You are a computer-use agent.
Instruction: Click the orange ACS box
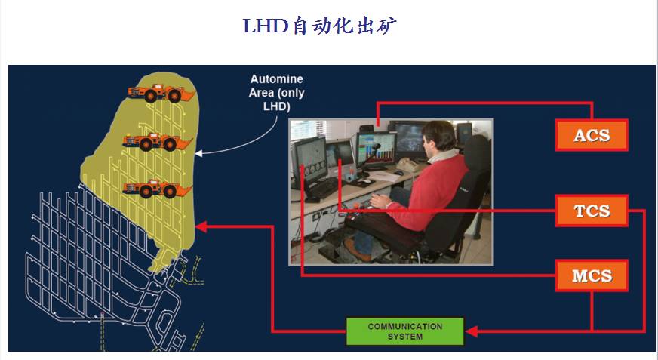[x=592, y=135]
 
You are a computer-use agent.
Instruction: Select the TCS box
[x=592, y=211]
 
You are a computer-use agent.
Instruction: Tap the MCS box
[x=592, y=275]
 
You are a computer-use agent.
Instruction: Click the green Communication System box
[x=405, y=331]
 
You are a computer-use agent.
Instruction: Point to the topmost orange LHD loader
[x=161, y=93]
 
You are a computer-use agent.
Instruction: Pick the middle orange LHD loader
[x=158, y=142]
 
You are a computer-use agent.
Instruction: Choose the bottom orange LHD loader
[x=158, y=189]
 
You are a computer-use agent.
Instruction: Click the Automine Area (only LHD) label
[x=276, y=93]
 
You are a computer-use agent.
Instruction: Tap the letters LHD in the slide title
[x=265, y=26]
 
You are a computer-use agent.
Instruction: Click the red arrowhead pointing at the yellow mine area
[x=201, y=226]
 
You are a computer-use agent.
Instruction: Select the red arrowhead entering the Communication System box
[x=472, y=331]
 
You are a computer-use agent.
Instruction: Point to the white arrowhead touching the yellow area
[x=199, y=153]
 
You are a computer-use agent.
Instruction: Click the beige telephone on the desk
[x=406, y=165]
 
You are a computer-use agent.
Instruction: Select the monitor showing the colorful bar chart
[x=376, y=149]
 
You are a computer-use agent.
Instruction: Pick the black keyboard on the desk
[x=322, y=189]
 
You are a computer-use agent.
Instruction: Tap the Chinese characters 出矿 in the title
[x=377, y=26]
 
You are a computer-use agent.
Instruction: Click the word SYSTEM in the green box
[x=405, y=337]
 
